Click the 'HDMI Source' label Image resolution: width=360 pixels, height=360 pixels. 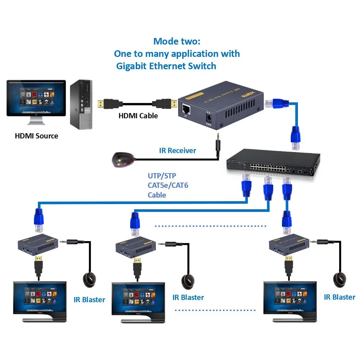pyautogui.click(x=36, y=136)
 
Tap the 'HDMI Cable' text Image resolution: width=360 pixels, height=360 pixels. pyautogui.click(x=138, y=116)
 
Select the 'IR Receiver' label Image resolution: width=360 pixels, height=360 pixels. pyautogui.click(x=177, y=150)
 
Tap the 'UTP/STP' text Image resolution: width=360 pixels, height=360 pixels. pyautogui.click(x=162, y=176)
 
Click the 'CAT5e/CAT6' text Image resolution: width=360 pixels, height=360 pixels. pyautogui.click(x=168, y=185)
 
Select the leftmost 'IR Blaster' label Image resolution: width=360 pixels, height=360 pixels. pyautogui.click(x=89, y=300)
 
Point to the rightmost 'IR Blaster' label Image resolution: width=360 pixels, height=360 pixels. pyautogui.click(x=339, y=297)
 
